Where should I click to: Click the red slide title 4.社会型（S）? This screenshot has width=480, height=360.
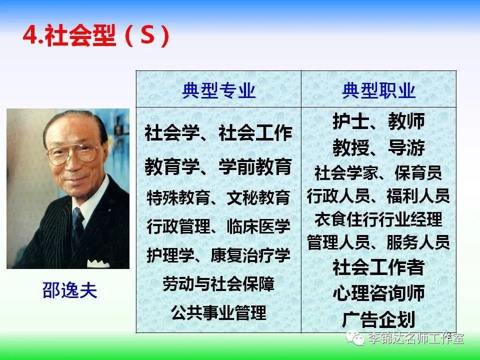tap(96, 35)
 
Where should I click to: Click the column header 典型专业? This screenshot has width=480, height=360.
tap(219, 90)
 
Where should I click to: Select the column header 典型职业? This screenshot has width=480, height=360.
tap(378, 90)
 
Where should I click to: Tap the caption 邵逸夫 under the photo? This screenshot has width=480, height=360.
tap(70, 290)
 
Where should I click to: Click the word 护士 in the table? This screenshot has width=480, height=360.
tap(351, 121)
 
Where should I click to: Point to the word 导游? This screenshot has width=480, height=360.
tap(406, 147)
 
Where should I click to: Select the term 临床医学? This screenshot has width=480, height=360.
tap(258, 226)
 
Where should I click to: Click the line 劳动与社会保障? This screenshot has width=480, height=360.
tap(218, 284)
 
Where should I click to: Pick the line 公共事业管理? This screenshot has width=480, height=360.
tap(218, 312)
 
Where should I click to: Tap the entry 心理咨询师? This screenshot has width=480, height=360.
tap(378, 293)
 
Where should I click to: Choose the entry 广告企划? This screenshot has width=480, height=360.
tap(378, 319)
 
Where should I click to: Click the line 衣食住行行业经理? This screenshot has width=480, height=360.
tap(378, 219)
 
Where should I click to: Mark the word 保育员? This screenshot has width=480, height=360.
tap(418, 173)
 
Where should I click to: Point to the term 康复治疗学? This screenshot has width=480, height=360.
tap(250, 255)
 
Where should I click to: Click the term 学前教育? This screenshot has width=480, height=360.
tap(255, 166)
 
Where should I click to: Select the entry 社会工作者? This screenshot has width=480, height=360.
tap(378, 267)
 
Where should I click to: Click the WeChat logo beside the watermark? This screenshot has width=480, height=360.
tap(355, 337)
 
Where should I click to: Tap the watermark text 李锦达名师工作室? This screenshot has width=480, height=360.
tap(415, 338)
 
